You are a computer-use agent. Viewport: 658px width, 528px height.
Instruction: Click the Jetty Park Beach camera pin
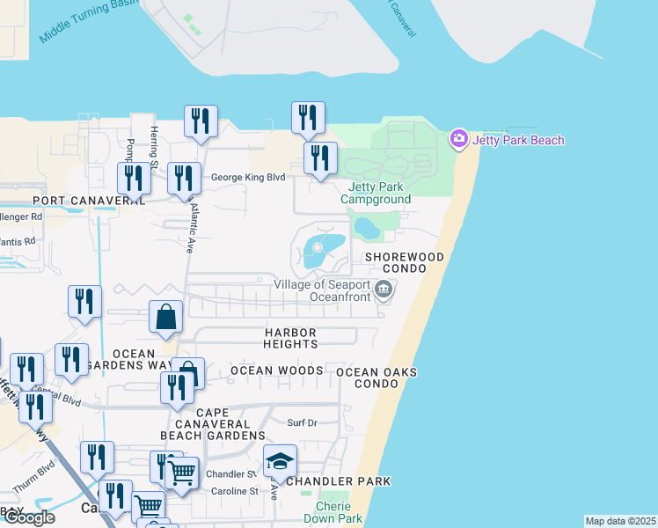(x=457, y=139)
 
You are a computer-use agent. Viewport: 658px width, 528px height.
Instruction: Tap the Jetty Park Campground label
(x=379, y=193)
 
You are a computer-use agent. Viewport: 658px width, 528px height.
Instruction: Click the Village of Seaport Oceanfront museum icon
(x=383, y=289)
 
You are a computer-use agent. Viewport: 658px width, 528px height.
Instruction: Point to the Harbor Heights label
(x=290, y=338)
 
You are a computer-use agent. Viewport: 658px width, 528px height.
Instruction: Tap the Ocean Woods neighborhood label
(x=276, y=370)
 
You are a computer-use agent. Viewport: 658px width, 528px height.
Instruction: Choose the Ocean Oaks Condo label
(x=377, y=378)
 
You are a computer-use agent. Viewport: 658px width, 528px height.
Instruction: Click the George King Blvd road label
(x=248, y=177)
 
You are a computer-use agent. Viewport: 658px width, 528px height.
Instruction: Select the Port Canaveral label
(x=74, y=201)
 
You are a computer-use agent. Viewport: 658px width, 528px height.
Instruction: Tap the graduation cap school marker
(x=280, y=461)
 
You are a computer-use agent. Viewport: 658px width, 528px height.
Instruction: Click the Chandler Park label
(x=338, y=481)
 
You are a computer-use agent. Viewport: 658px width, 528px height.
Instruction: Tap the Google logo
(x=28, y=517)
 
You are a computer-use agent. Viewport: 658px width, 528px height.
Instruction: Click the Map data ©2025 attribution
(x=620, y=521)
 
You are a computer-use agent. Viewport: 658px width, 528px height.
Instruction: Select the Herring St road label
(x=154, y=146)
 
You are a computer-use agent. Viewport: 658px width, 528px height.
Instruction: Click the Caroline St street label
(x=232, y=491)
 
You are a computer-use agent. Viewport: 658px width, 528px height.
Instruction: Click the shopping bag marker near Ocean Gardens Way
(x=166, y=317)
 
